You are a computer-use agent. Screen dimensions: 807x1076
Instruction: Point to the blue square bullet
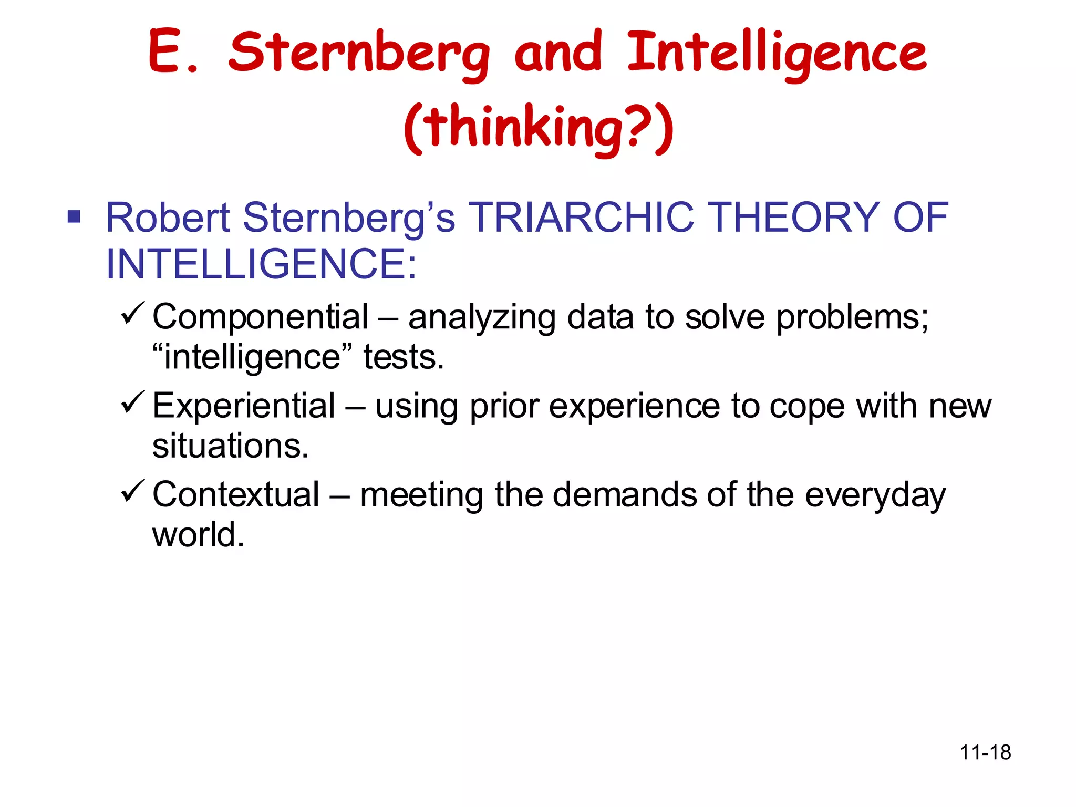74,216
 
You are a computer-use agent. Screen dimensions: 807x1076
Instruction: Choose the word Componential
261,317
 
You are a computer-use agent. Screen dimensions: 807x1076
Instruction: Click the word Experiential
244,406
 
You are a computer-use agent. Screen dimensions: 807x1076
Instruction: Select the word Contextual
236,495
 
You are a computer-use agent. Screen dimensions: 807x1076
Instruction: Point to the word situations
230,446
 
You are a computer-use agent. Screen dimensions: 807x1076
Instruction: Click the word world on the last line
198,535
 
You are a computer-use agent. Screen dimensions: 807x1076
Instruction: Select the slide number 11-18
985,752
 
